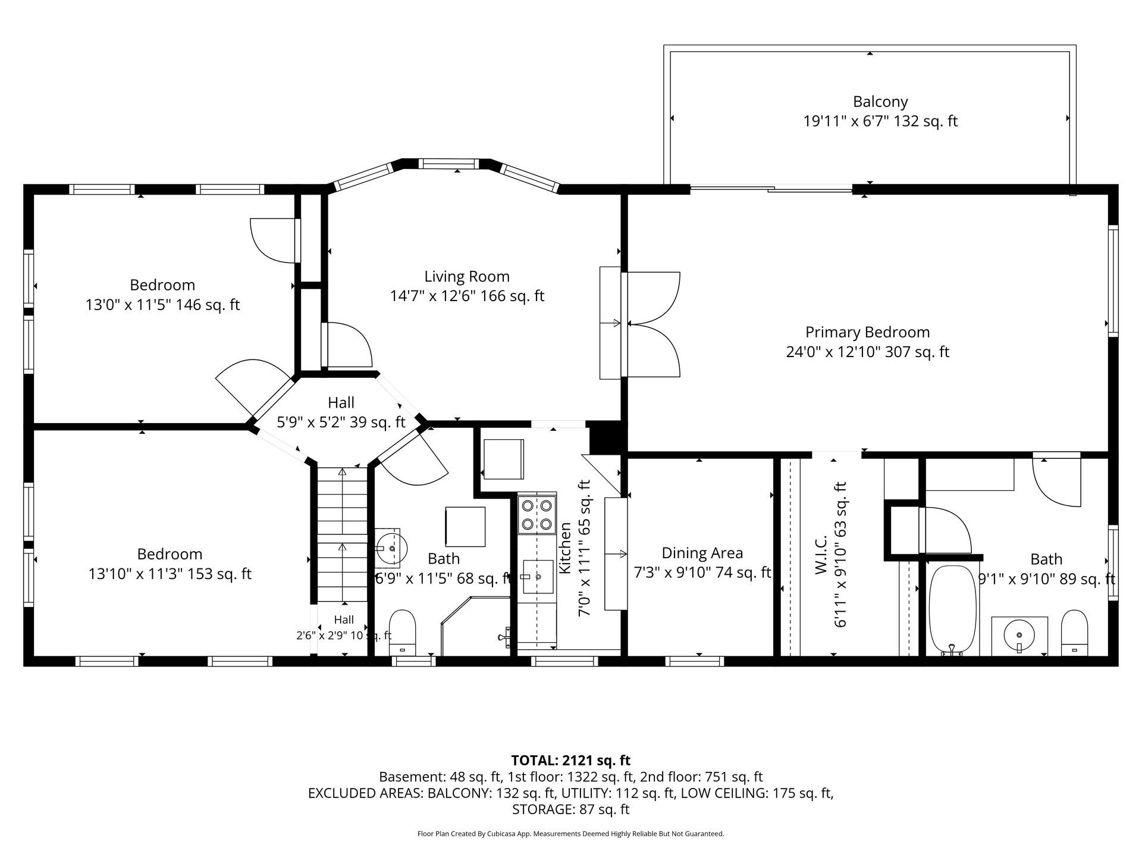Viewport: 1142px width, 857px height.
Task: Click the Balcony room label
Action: tap(880, 101)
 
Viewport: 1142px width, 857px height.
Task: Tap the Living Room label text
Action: tap(467, 276)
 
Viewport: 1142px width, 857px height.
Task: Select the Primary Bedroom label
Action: tap(867, 332)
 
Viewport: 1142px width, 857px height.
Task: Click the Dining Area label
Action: tap(702, 553)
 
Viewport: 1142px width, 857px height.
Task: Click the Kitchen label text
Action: tap(565, 548)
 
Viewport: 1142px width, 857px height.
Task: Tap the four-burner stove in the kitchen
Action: tap(537, 515)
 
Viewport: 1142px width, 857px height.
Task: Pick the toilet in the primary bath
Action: tap(1074, 633)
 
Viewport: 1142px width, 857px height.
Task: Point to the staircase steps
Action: tap(342, 535)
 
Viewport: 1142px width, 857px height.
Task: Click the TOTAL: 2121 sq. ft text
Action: tap(570, 760)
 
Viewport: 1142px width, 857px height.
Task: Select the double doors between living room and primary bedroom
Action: tap(651, 324)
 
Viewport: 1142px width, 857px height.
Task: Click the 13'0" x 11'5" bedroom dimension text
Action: tap(162, 305)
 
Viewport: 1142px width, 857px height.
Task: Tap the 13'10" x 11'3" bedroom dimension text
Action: tap(170, 574)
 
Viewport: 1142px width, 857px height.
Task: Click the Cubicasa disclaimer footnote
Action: tap(570, 834)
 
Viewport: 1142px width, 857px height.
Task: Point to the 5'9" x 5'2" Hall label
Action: tap(341, 422)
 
